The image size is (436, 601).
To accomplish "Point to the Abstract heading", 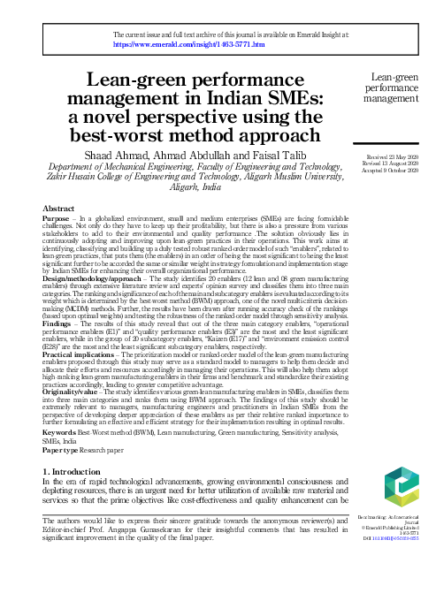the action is pos(59,208).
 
